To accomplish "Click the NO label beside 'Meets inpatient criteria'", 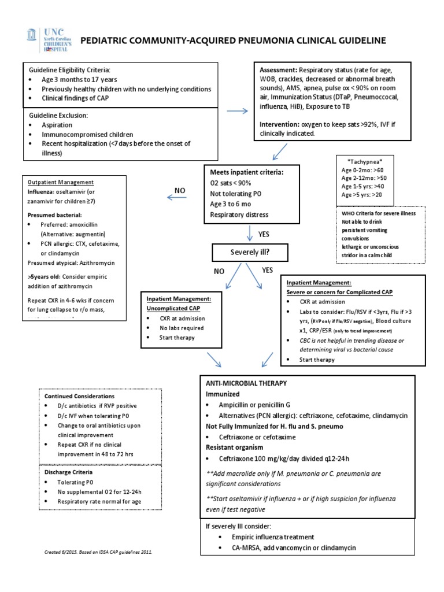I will [x=180, y=190].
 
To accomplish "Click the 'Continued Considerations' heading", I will [x=79, y=397].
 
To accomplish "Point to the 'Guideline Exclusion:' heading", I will [x=58, y=115].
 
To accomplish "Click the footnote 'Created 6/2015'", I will [x=98, y=552].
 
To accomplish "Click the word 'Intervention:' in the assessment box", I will [x=279, y=124].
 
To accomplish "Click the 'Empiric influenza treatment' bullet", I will [x=267, y=536].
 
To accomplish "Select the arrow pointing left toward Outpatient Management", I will [x=179, y=198].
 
